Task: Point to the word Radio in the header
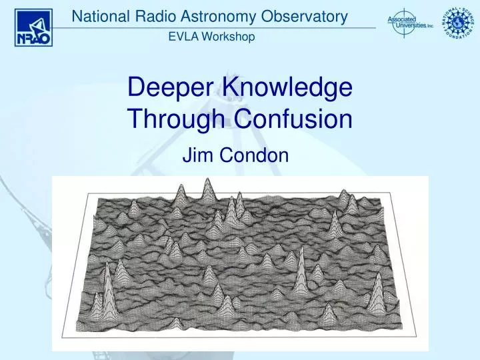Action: pyautogui.click(x=157, y=17)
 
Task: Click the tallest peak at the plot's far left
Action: pyautogui.click(x=107, y=280)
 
